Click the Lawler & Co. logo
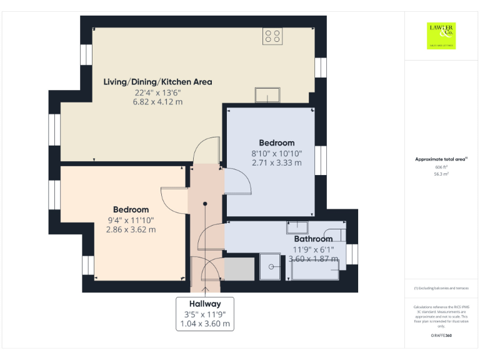point(441,35)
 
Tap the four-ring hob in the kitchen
point(272,36)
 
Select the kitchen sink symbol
point(269,95)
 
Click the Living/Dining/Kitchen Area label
point(157,82)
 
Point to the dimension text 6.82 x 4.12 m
point(157,101)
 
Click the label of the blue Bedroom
point(276,143)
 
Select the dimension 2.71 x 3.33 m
point(276,162)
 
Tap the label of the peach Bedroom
point(131,209)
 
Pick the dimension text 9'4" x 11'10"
point(131,220)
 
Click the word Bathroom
point(313,239)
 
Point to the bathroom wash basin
point(297,227)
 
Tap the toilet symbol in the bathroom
point(335,235)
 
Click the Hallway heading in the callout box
point(205,304)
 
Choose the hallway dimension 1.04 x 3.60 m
point(205,324)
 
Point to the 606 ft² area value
point(441,167)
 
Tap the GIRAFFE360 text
point(441,336)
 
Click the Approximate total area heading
point(441,159)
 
